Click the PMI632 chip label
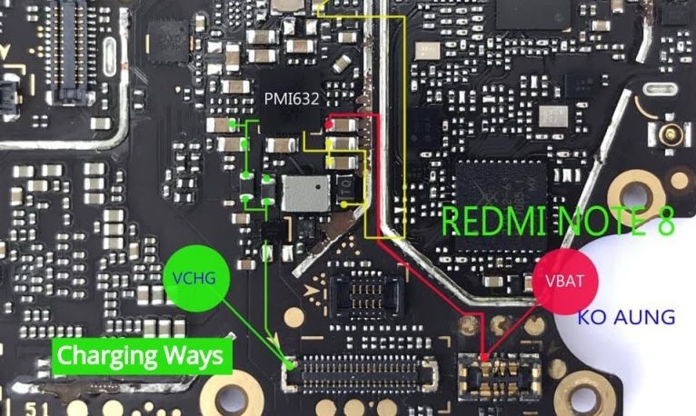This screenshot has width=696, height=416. pyautogui.click(x=292, y=97)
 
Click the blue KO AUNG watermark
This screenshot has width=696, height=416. pyautogui.click(x=627, y=317)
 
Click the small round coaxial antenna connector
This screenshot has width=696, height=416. pyautogui.click(x=671, y=137)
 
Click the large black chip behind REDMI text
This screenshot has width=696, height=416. pyautogui.click(x=501, y=195)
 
